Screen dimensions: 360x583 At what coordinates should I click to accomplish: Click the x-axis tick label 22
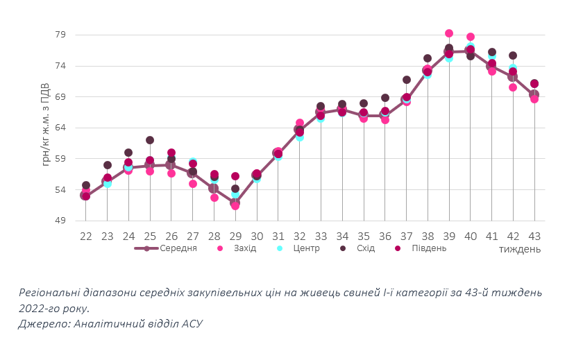[85, 236]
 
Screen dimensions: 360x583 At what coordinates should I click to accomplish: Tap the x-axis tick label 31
[278, 236]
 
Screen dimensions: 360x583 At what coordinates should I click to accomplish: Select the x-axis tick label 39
[449, 236]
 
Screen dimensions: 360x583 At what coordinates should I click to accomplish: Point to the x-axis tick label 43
[534, 236]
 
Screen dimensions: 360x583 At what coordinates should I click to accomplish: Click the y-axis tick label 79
[60, 35]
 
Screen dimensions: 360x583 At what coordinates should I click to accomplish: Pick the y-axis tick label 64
[60, 128]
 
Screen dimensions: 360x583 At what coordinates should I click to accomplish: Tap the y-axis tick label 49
[60, 221]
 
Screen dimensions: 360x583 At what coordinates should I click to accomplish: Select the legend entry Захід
[245, 248]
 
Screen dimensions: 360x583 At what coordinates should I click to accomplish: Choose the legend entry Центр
[306, 248]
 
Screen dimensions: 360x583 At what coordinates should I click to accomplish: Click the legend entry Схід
[365, 248]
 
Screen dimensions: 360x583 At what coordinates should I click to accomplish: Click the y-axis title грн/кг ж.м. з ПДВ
[46, 125]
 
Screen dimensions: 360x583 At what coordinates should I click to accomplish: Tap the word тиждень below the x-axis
[518, 249]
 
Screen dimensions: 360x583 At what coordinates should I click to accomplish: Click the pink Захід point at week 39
[449, 33]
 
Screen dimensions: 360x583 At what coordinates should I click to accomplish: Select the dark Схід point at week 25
[150, 140]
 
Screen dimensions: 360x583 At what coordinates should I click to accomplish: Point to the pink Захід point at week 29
[235, 205]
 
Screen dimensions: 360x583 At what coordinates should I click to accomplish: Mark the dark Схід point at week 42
[513, 55]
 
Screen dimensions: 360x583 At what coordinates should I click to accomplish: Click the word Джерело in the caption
[41, 323]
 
